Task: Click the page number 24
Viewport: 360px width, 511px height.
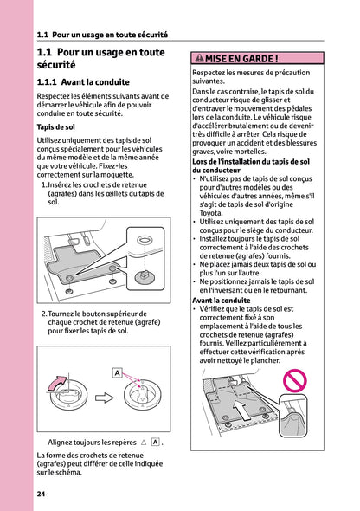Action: (42, 494)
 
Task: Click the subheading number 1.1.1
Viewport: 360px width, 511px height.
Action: (52, 81)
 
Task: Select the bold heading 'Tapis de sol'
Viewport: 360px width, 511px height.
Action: (56, 126)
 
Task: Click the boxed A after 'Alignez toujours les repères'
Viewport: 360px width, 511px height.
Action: (155, 441)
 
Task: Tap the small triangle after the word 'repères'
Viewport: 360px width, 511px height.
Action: (143, 441)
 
